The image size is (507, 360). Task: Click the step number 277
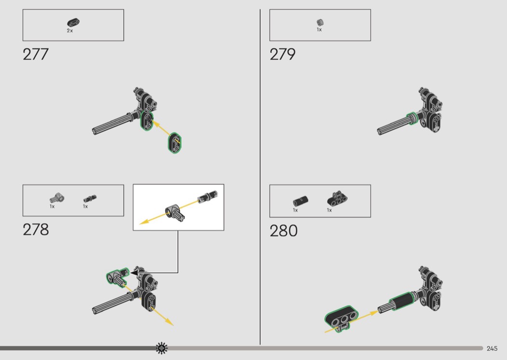coord(36,55)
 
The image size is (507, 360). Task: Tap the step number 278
coord(36,230)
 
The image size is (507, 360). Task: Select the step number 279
coord(282,55)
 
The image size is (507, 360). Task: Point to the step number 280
coord(283,231)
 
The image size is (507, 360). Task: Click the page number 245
coord(492,348)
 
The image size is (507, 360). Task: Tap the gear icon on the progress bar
coord(162,348)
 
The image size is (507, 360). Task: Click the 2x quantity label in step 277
coord(70,31)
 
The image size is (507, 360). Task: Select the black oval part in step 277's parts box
coord(73,23)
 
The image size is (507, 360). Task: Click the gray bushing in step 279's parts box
coord(320,22)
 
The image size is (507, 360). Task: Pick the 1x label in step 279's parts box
coord(319,30)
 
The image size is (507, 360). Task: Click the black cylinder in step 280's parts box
coord(300,201)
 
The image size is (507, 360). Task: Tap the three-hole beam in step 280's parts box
coord(337,198)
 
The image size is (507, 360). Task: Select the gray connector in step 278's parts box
coord(57,197)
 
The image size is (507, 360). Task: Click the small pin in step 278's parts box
coord(90,198)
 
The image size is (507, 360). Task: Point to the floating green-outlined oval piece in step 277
coord(175,143)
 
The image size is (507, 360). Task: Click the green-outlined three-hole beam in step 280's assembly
coord(341,318)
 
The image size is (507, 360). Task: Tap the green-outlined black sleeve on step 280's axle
coord(401,301)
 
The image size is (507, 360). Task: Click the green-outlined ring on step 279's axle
coord(412,118)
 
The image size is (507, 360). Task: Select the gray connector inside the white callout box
coord(175,212)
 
